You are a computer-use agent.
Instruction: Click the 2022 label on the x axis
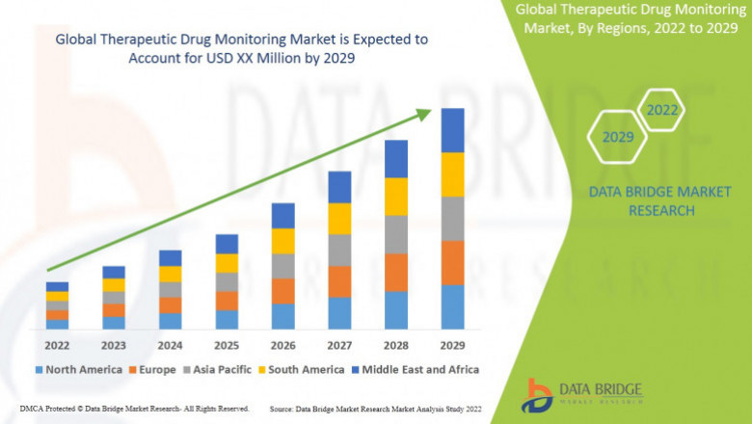coord(57,344)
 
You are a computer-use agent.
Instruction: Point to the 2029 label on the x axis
coord(453,344)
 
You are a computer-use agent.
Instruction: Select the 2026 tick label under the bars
coord(282,344)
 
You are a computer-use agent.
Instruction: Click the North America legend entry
coord(78,369)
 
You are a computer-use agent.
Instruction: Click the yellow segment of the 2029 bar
coord(453,174)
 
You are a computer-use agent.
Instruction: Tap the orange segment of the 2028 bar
coord(396,273)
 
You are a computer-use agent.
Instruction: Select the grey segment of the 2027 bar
coord(339,250)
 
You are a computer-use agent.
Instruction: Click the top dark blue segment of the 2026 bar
coord(282,215)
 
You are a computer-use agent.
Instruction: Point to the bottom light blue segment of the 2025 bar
coord(227,320)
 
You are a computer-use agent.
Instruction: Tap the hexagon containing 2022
coord(661,111)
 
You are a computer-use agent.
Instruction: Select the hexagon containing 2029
coord(618,138)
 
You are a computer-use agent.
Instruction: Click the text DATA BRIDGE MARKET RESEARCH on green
coord(660,201)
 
